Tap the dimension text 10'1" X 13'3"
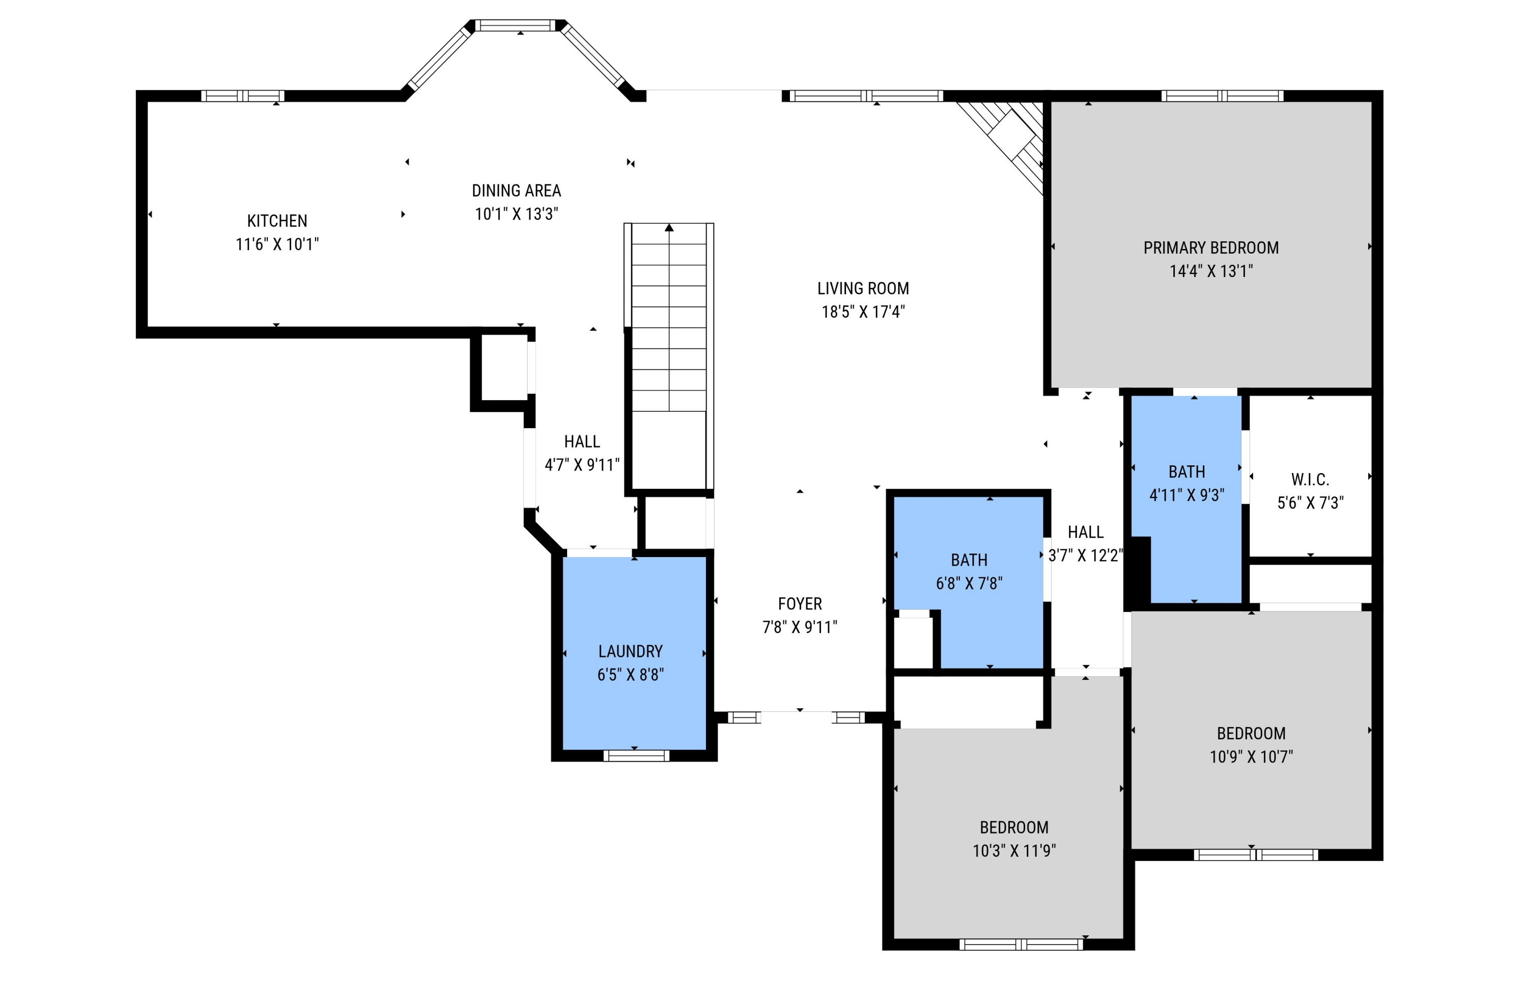[x=517, y=214]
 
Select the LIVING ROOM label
[x=863, y=288]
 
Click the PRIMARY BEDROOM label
[x=1211, y=247]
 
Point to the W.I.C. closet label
[x=1310, y=479]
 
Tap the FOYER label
[x=800, y=604]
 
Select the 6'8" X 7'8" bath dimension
[x=969, y=584]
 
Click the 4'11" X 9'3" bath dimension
[x=1186, y=495]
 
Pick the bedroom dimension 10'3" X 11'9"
[x=1014, y=850]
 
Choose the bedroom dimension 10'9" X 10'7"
[x=1251, y=757]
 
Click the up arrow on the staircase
[x=669, y=228]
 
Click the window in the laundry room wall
[x=636, y=756]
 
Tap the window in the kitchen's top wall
[x=242, y=96]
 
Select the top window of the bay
[x=515, y=25]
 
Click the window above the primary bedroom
[x=1222, y=96]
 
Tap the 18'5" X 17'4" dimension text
[x=863, y=312]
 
